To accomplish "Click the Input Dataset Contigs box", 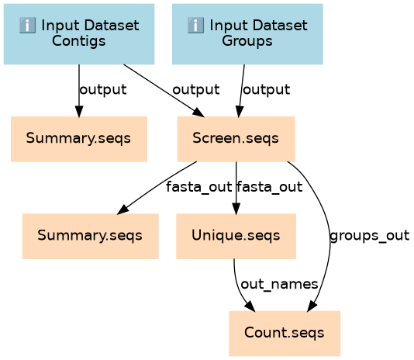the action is point(79,34).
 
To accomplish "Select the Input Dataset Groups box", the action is point(247,34).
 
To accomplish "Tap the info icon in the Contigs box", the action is point(27,26).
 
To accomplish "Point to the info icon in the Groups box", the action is point(195,26).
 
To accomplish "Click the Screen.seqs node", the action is point(236,139).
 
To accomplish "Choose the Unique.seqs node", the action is point(236,237).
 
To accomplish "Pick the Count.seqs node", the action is point(285,334).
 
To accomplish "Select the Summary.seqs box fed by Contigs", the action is point(79,139).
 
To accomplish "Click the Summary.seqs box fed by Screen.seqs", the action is point(90,237).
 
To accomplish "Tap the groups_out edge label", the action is point(370,236).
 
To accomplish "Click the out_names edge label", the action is point(279,285).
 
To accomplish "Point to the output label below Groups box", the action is point(267,89).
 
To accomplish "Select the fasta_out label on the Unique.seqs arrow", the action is point(269,187).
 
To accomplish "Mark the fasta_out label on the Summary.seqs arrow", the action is point(198,187).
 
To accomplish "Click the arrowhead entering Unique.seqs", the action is point(236,209).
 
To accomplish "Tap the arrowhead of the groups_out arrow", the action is point(312,307).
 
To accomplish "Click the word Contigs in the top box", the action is point(78,41).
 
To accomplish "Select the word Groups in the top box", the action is point(247,41).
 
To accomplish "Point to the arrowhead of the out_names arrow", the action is point(250,307).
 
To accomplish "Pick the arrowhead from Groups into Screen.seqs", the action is point(240,111).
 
